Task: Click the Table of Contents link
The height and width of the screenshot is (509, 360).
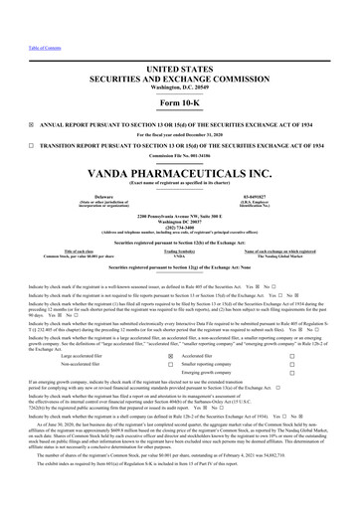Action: (19, 5)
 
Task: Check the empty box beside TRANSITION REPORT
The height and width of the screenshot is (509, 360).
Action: (7, 127)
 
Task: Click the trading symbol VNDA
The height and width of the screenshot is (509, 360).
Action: (180, 256)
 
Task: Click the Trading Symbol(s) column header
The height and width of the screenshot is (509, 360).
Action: (180, 252)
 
